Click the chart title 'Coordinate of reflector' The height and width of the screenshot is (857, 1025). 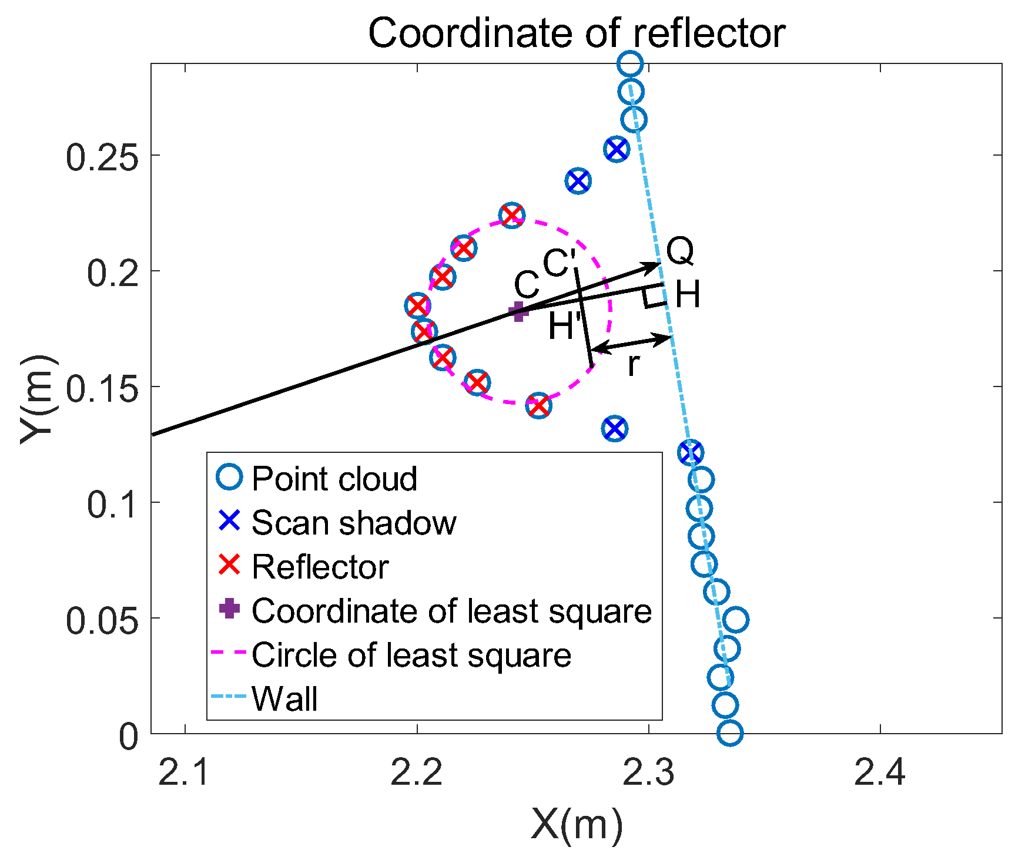tap(576, 33)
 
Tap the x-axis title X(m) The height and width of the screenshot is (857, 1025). tap(576, 825)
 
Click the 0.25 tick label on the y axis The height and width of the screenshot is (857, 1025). tap(102, 157)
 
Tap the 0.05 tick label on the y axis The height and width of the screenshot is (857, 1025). tap(102, 620)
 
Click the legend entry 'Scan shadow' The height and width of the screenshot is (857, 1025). tap(353, 522)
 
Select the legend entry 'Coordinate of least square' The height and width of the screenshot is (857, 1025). tap(451, 611)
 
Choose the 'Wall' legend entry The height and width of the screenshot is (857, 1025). tap(284, 698)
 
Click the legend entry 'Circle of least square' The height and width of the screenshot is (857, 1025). tap(411, 654)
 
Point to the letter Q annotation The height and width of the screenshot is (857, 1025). tap(680, 251)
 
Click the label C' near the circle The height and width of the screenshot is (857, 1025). tap(559, 263)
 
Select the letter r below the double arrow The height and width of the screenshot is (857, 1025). tap(633, 365)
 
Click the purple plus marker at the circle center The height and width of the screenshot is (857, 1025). tap(518, 311)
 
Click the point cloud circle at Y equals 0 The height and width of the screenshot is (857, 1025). tap(730, 733)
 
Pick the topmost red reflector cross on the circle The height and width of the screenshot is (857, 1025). tap(512, 215)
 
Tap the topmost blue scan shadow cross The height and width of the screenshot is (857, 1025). tap(616, 149)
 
